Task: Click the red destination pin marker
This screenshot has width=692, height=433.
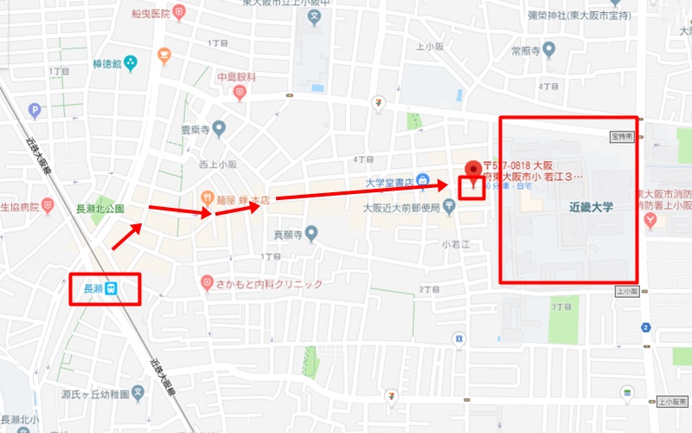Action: [471, 171]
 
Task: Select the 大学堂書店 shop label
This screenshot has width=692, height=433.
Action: [387, 183]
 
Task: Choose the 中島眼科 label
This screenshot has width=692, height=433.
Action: [237, 77]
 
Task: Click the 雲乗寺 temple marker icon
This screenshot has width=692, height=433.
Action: [219, 130]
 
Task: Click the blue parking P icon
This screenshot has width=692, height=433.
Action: [35, 110]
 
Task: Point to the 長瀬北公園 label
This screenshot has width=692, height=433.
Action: [100, 209]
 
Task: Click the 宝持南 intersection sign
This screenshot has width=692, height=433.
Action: [622, 136]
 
